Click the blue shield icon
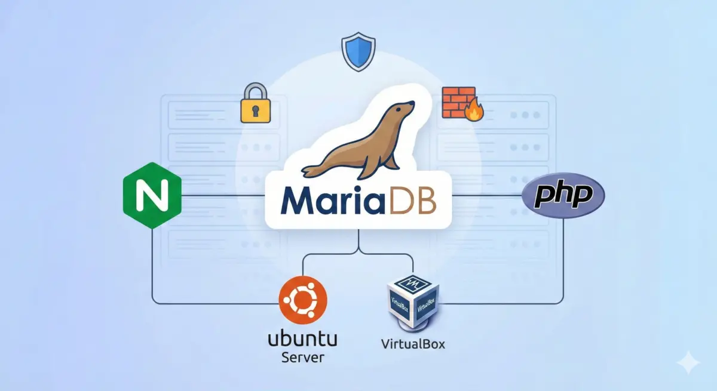coord(358,52)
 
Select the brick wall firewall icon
coord(456,101)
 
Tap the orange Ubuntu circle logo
coord(303,303)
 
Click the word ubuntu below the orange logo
coord(302,340)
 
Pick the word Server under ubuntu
coord(302,358)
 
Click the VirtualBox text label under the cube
coord(413,344)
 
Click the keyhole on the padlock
coord(256,110)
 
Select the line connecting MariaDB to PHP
coord(487,195)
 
